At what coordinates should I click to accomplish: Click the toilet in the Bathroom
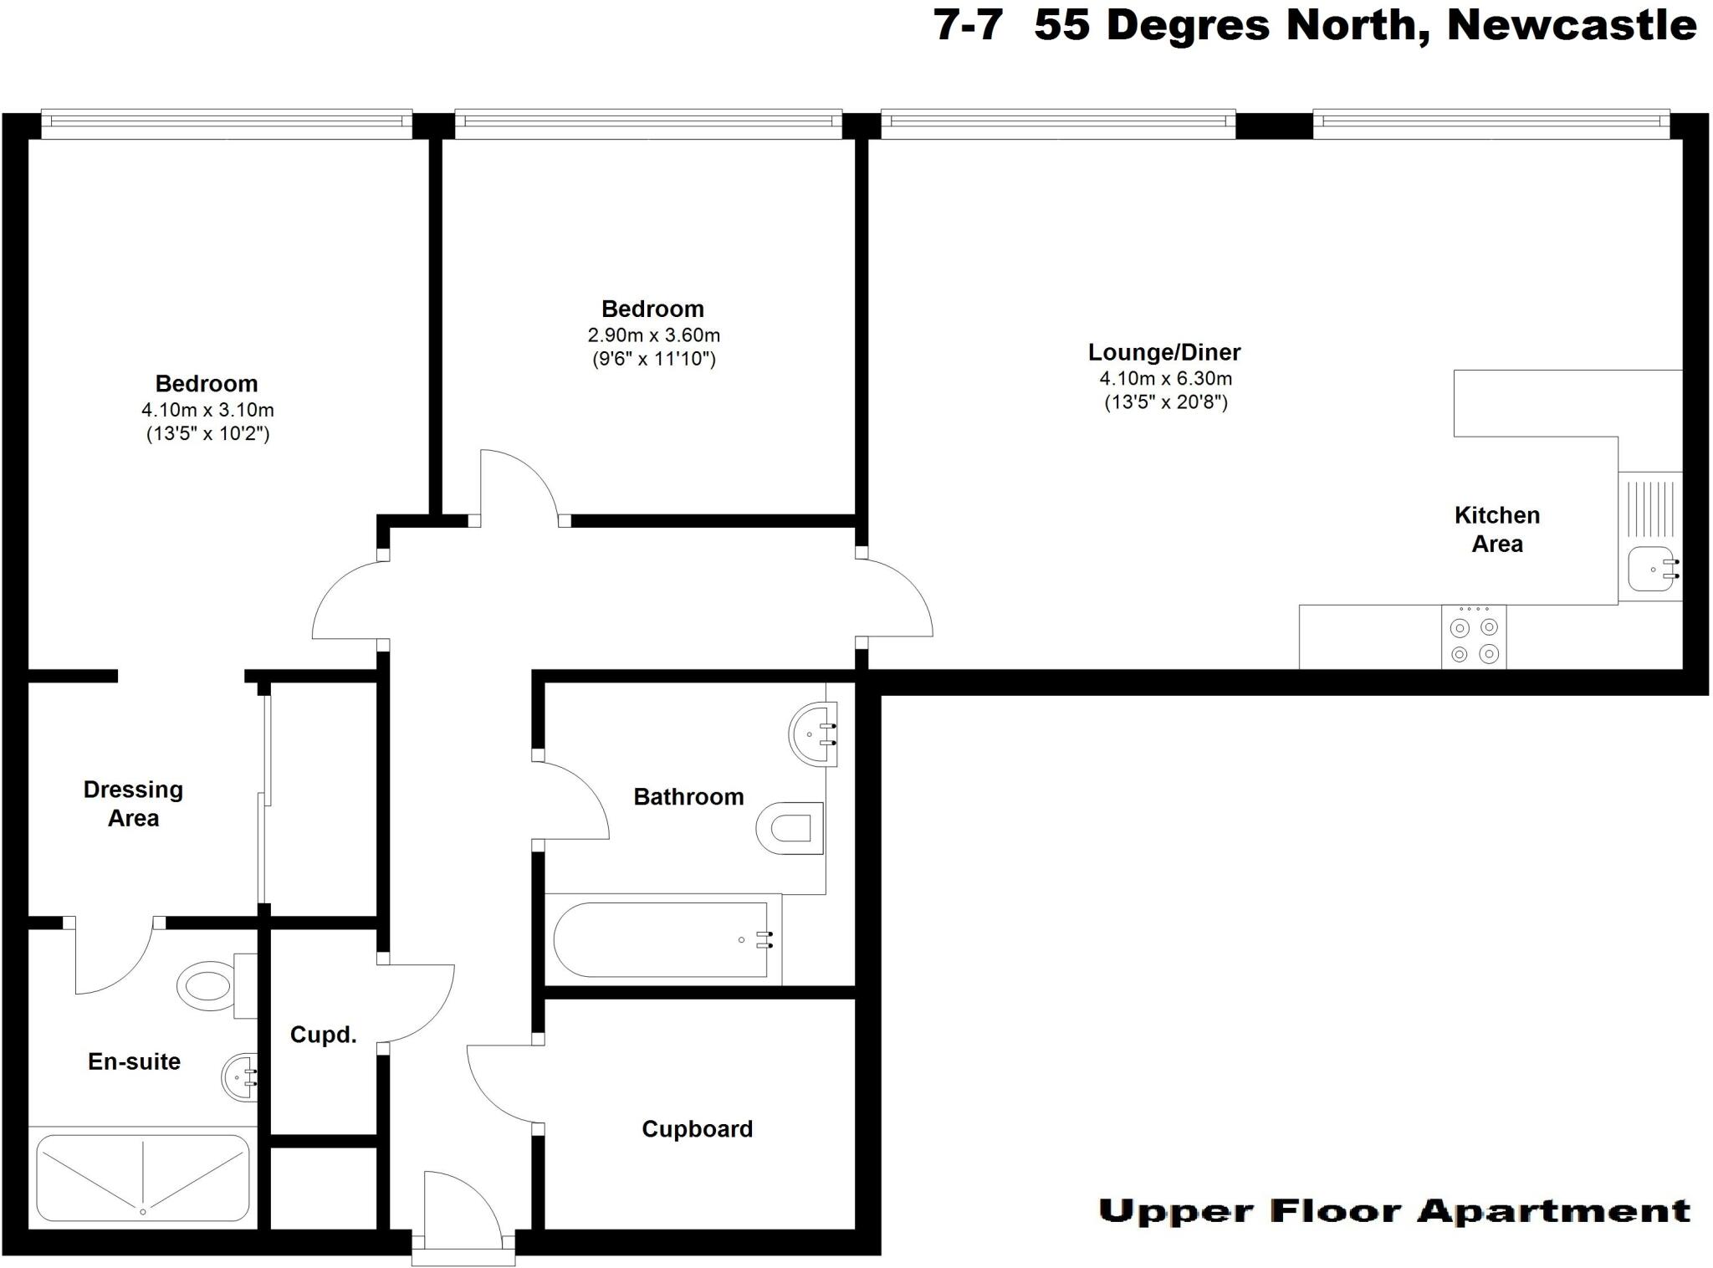[x=790, y=829]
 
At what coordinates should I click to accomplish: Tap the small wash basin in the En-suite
[x=240, y=1078]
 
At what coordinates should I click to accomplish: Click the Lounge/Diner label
[x=1163, y=352]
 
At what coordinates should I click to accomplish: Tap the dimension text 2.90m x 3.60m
[x=653, y=335]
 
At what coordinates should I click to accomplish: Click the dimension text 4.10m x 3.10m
[x=207, y=410]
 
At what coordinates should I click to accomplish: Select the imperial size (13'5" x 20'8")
[x=1165, y=402]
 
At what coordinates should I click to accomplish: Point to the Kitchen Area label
[x=1496, y=529]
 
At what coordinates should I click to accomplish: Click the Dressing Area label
[x=134, y=804]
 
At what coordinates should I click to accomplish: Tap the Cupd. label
[x=323, y=1035]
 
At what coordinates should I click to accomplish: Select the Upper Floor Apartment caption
[x=1393, y=1210]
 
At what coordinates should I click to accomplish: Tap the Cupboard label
[x=697, y=1129]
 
